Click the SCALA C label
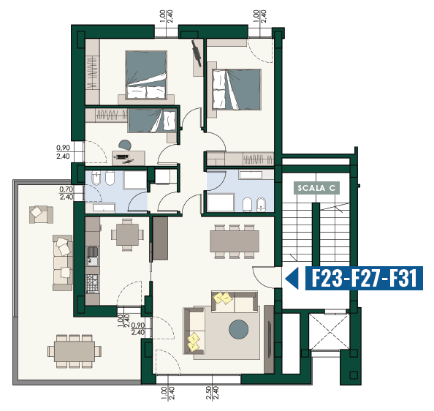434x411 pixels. tap(316, 188)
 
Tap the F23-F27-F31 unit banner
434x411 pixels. tap(364, 278)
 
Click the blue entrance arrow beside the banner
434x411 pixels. tap(292, 278)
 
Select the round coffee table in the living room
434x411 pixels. tap(239, 329)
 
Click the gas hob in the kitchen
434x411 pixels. tap(93, 283)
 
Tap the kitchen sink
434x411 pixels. tap(93, 256)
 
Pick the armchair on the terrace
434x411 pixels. tap(41, 214)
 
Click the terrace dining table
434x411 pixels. tap(75, 351)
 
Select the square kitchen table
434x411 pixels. tap(127, 235)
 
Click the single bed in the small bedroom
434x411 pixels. tap(152, 121)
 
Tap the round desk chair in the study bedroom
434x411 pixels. tap(125, 145)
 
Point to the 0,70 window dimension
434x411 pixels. tap(66, 193)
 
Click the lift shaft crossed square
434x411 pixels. tap(329, 332)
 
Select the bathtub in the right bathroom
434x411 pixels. tap(221, 203)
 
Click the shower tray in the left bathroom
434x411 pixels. tap(134, 180)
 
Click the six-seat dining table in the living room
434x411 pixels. tap(235, 241)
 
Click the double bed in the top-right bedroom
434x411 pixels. tap(237, 89)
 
